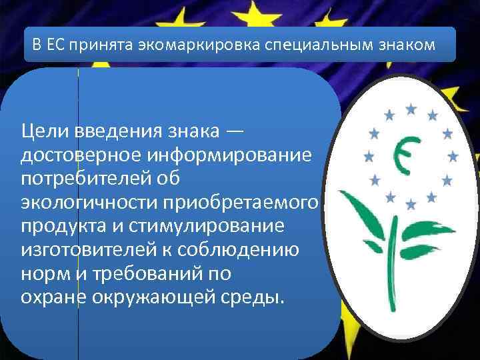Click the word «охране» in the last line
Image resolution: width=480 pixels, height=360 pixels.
(54, 295)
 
